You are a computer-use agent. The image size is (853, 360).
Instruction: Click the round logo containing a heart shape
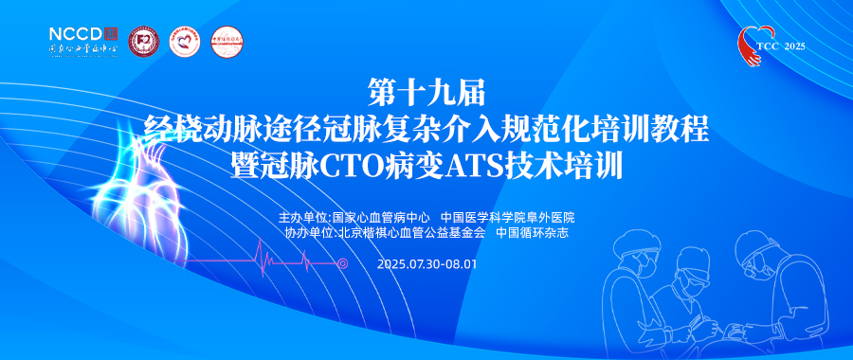(184, 41)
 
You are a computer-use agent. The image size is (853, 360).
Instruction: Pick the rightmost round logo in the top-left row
(226, 41)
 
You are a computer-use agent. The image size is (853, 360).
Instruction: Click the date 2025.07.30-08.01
(426, 263)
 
